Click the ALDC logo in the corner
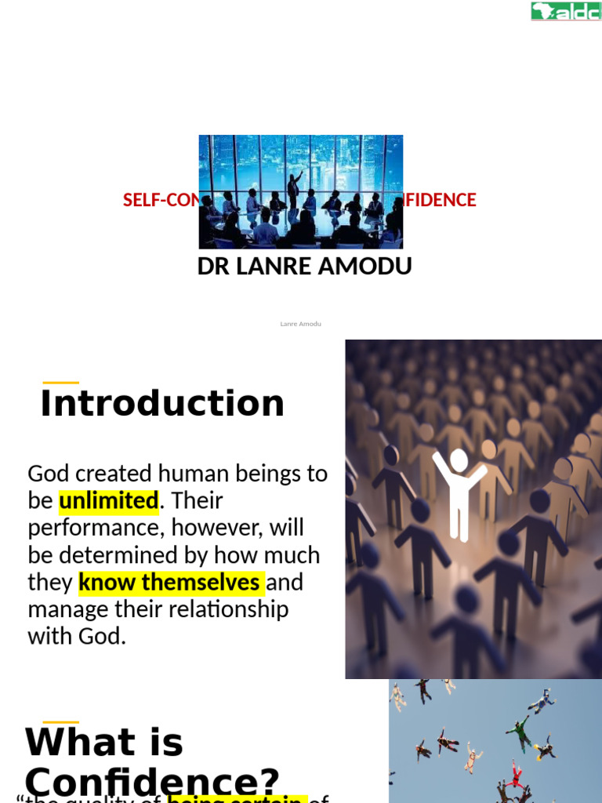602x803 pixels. pos(565,11)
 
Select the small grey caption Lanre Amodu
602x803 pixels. pos(301,324)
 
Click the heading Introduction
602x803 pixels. pos(162,403)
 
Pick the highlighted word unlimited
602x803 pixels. pos(109,500)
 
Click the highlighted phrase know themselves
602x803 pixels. pos(170,583)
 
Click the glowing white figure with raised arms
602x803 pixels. pos(459,490)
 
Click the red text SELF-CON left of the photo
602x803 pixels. pos(161,200)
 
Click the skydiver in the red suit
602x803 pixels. pos(515,774)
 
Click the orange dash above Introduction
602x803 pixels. pos(60,383)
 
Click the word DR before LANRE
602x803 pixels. pos(212,267)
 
